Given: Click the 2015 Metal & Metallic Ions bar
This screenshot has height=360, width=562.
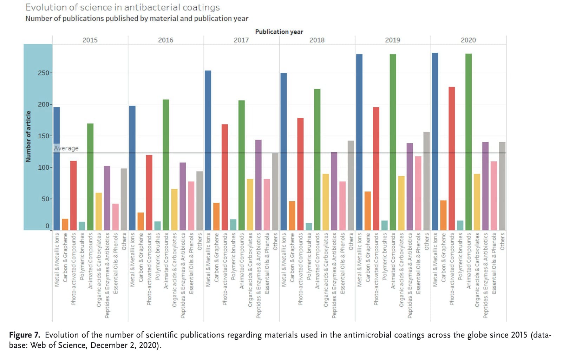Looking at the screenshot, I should [x=57, y=169].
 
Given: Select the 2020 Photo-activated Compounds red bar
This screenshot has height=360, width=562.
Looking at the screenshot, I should [x=452, y=158].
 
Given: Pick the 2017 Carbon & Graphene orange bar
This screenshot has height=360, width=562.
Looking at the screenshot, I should [x=216, y=216].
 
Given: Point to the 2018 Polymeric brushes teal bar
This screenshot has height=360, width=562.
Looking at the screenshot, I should [x=309, y=227].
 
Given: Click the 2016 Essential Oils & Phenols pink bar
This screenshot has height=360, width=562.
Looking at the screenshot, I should [x=191, y=206].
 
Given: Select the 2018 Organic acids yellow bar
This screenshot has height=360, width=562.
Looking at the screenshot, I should [x=326, y=202].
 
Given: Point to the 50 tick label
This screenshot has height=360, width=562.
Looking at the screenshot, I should [x=45, y=199].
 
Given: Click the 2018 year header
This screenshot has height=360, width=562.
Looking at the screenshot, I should [x=317, y=40].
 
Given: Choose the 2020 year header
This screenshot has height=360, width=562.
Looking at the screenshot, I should [x=468, y=40].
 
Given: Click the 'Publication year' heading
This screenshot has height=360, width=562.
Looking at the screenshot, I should [x=279, y=32].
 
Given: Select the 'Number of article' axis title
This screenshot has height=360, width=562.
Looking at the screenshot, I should [x=28, y=137].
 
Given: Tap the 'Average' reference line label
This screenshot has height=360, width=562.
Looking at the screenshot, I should [x=66, y=148].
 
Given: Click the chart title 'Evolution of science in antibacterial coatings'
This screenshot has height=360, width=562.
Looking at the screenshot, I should [x=123, y=7].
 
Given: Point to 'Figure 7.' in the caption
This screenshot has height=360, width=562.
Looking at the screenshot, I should [x=25, y=335].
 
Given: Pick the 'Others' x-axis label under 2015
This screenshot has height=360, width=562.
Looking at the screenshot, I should [x=124, y=241].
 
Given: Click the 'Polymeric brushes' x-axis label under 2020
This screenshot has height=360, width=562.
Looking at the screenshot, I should [x=460, y=256].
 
